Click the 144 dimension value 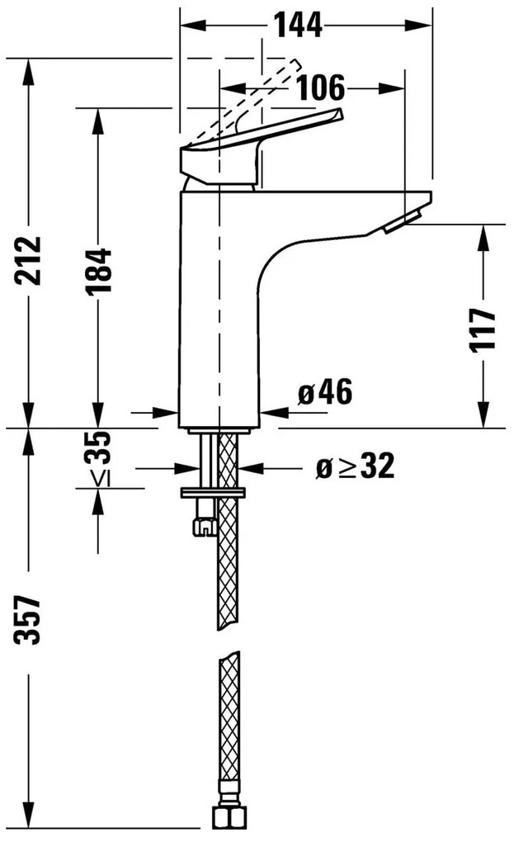298,26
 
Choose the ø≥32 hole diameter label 355,468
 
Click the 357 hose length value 29,622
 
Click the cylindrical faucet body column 219,314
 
